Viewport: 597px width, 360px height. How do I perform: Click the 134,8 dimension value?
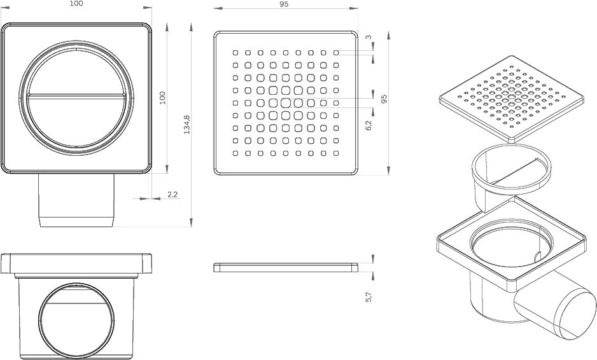coord(187,125)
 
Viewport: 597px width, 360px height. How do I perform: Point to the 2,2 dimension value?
coord(172,195)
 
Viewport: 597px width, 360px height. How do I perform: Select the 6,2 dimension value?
coord(368,125)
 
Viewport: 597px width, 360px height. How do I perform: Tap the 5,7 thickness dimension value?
coord(368,297)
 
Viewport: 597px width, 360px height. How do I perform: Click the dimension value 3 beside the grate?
coord(369,38)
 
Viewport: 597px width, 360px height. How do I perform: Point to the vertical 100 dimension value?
coord(162,98)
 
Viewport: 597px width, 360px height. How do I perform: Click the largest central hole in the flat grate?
coord(286,103)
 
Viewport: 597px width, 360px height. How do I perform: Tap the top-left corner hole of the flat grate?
coord(235,53)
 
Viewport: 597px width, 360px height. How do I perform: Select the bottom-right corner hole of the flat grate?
coord(336,153)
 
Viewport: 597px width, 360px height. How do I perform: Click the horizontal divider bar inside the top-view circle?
coord(76,95)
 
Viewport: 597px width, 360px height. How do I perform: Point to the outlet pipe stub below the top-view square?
coord(76,200)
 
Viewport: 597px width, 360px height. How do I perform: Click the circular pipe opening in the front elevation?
coord(76,321)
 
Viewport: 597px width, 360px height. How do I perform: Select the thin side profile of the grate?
coord(286,268)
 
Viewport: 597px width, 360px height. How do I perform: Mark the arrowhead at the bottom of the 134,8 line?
coord(191,222)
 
